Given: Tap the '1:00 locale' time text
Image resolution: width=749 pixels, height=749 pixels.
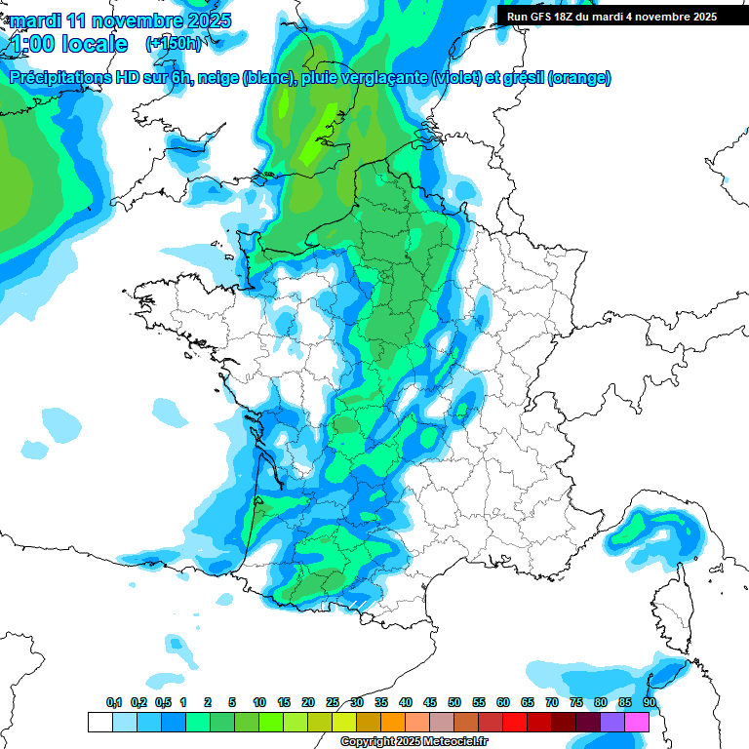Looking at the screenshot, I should click(x=68, y=44).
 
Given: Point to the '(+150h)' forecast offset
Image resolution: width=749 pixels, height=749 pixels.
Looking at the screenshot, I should click(x=174, y=43).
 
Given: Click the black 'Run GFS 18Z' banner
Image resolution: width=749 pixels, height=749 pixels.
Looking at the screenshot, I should click(x=622, y=16).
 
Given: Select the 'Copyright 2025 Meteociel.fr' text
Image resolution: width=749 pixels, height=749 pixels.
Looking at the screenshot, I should click(x=414, y=741).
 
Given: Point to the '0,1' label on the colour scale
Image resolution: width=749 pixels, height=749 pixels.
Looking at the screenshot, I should click(x=114, y=702).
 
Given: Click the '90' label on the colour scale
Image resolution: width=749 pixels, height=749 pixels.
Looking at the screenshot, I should click(x=649, y=702).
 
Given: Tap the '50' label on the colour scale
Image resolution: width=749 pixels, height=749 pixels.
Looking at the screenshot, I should click(x=454, y=702).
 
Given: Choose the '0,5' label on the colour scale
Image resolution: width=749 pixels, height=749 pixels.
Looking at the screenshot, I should click(x=163, y=702).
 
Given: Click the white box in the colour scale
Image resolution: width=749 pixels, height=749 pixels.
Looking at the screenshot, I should click(x=99, y=722).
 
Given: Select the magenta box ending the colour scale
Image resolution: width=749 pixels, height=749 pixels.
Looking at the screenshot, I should click(x=637, y=722).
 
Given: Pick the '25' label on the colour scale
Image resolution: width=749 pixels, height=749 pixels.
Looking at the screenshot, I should click(x=333, y=702).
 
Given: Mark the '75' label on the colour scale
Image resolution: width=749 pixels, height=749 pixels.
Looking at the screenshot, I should click(x=576, y=702).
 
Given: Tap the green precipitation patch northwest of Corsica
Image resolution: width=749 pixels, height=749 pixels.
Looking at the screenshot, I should click(x=639, y=528).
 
